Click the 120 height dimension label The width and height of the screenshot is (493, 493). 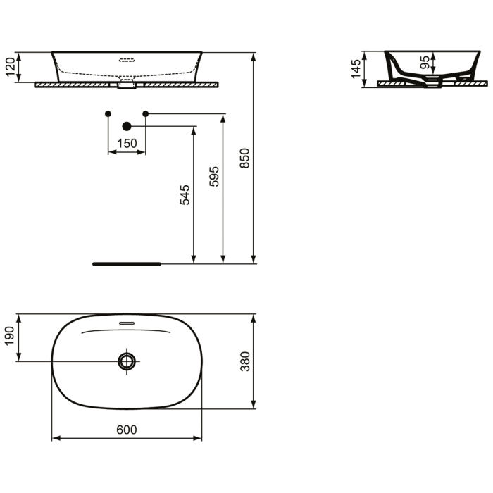(x=9, y=68)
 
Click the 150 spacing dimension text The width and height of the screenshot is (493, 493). (x=127, y=144)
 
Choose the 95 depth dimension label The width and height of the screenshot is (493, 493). (x=424, y=62)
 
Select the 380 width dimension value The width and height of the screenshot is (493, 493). (x=245, y=361)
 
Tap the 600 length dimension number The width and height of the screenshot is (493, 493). (x=127, y=429)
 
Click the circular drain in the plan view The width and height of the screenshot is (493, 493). (x=127, y=361)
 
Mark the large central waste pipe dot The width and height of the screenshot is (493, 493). (x=127, y=126)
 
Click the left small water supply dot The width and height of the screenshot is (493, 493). (x=107, y=113)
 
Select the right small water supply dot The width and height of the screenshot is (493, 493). (x=146, y=113)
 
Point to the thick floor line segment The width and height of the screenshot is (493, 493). (x=127, y=264)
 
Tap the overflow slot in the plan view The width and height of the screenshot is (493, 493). (x=127, y=323)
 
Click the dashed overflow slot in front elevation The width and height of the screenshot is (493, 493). (x=127, y=60)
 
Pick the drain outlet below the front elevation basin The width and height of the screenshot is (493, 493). (x=127, y=87)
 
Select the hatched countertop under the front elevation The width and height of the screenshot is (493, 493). (x=70, y=85)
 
